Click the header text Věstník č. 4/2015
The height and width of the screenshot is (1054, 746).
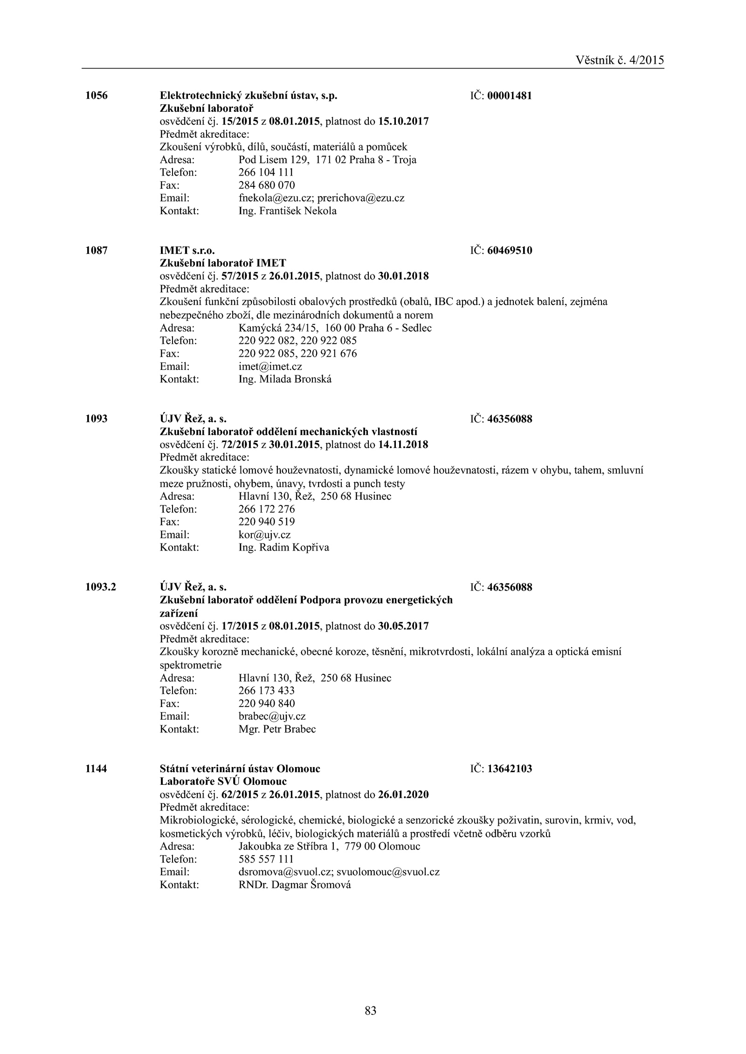620,60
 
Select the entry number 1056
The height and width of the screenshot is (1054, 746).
97,96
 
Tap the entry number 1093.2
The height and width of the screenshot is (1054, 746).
101,587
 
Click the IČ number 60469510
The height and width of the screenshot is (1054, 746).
510,251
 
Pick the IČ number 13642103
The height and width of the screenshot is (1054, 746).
510,768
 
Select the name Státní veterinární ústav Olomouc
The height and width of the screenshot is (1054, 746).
240,768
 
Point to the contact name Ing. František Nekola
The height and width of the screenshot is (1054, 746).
287,211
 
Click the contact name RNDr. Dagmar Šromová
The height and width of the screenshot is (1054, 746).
294,884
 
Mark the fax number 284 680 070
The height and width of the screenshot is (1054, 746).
266,185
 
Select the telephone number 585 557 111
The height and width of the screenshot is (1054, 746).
266,859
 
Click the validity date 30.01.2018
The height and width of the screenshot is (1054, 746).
403,276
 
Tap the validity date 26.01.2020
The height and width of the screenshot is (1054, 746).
403,794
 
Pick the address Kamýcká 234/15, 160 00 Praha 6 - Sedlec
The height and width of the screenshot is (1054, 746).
335,328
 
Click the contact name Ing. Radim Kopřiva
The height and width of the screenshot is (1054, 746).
283,547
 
